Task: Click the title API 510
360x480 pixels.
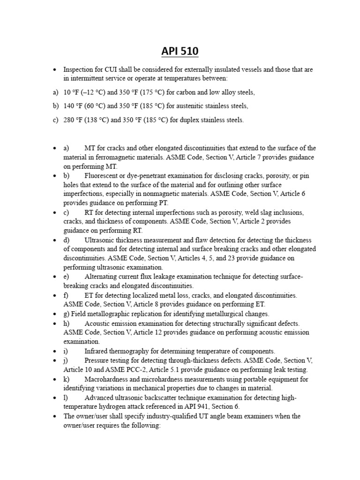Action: click(x=180, y=51)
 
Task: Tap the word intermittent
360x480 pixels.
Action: click(x=87, y=78)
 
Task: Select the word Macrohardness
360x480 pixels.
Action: click(x=110, y=379)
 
